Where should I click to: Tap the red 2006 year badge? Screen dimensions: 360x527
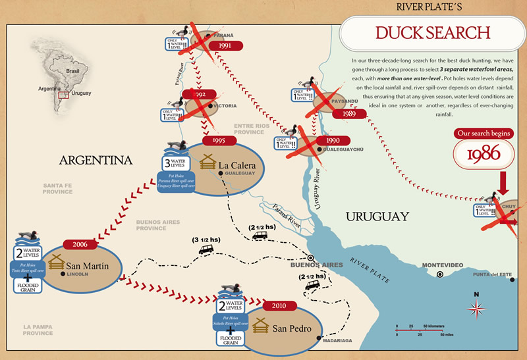coord(80,244)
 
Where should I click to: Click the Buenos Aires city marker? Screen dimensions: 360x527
coord(310,258)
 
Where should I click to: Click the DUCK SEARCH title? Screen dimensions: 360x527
coord(432,32)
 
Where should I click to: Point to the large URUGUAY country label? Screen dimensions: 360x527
coord(378,216)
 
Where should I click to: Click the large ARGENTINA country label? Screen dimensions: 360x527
coord(95,160)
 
